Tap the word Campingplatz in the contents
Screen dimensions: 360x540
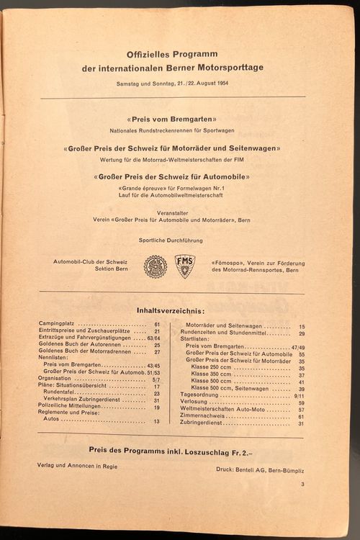[58, 325]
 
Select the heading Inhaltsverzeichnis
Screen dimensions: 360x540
[171, 311]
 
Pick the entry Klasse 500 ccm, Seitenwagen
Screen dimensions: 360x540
[229, 389]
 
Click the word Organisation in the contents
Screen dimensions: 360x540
[56, 378]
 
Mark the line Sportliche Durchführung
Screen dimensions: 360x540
[171, 240]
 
